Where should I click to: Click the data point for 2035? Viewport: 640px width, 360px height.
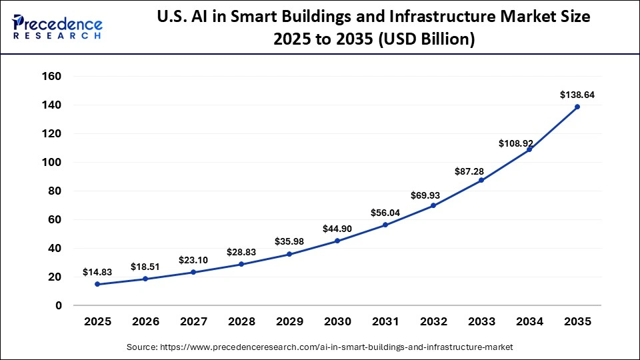coord(577,107)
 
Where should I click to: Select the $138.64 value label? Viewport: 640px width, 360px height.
coord(577,95)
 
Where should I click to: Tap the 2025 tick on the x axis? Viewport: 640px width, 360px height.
coord(97,322)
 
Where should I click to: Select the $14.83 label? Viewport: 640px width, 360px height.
coord(97,272)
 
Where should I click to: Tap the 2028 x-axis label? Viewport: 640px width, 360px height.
coord(241,322)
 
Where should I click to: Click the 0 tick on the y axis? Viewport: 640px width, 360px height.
coord(58,305)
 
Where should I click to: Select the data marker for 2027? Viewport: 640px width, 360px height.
coord(193,272)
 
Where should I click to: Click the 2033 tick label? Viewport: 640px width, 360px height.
coord(481,322)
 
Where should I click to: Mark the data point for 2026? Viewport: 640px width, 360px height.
coord(145,279)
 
